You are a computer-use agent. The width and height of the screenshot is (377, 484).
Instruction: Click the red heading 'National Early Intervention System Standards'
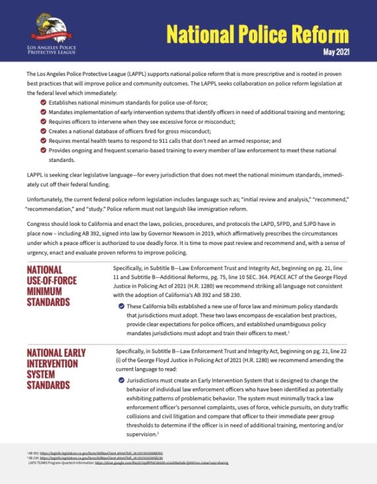pyautogui.click(x=56, y=368)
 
